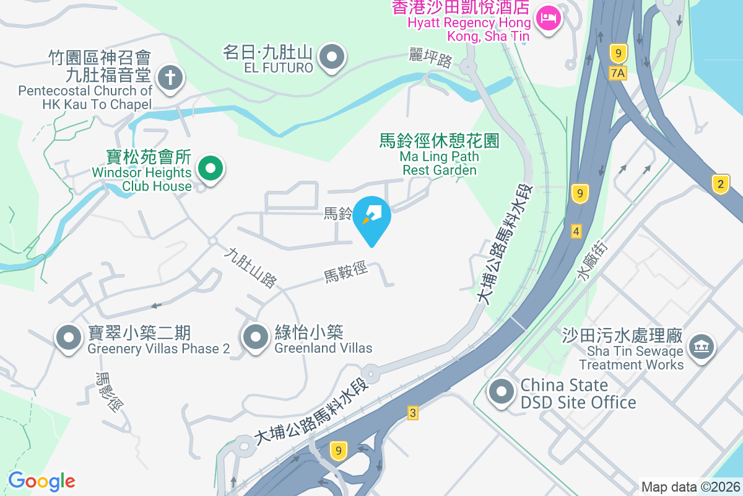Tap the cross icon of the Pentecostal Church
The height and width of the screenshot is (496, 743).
[x=168, y=79]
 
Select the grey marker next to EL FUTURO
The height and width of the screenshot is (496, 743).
[x=332, y=58]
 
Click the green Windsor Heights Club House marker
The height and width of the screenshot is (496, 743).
[x=211, y=168]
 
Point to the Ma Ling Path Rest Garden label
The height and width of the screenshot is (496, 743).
[x=440, y=155]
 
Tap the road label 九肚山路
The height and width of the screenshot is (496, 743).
[x=251, y=268]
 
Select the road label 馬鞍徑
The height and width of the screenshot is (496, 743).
[x=345, y=272]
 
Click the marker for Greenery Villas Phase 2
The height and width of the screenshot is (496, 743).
[x=69, y=338]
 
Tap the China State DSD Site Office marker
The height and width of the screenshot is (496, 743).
[x=502, y=392]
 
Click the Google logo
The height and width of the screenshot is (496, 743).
[x=41, y=481]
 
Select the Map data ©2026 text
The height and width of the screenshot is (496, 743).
[x=690, y=487]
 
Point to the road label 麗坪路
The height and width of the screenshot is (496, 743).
[x=431, y=58]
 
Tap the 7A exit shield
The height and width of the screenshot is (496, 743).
[x=618, y=73]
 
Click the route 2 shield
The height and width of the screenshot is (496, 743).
[x=720, y=184]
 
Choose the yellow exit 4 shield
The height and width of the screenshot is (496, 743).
[x=576, y=231]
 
